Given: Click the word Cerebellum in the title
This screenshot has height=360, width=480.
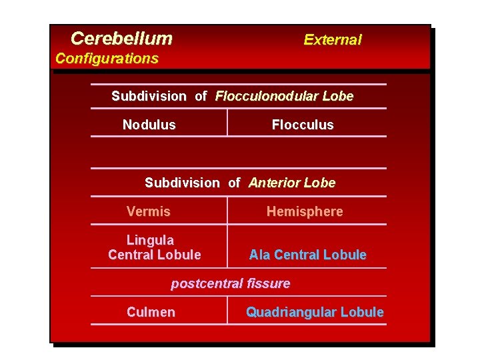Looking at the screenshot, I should (x=121, y=39).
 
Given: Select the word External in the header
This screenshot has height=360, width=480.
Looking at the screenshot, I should (x=332, y=40).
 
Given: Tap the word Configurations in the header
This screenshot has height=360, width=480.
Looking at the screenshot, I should (x=107, y=59).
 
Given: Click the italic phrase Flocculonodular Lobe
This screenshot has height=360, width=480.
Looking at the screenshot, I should (x=284, y=96).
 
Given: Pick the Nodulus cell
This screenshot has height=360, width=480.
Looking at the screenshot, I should (x=149, y=125).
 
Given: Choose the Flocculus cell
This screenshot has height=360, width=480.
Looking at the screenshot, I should (x=303, y=125).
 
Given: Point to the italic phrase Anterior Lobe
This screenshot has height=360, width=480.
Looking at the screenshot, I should (x=292, y=183).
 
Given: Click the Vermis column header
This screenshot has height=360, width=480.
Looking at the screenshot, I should (x=149, y=211).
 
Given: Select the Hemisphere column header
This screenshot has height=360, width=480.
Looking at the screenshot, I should (x=305, y=211).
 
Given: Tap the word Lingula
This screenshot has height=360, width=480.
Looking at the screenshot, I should (x=150, y=240).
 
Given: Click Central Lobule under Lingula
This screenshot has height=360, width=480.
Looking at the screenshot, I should (x=154, y=255).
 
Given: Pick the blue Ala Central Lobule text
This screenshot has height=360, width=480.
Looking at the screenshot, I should (x=307, y=255).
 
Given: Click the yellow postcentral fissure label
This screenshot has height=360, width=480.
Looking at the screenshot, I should (x=231, y=283).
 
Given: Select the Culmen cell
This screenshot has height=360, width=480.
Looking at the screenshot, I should (x=151, y=312).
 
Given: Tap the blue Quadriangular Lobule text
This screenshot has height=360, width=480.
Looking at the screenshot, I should (x=315, y=312).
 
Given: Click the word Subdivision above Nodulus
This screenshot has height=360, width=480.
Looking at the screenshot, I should (x=149, y=96).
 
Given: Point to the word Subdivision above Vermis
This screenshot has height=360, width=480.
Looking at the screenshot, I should (x=182, y=183).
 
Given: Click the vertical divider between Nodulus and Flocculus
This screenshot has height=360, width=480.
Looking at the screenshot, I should (x=227, y=123).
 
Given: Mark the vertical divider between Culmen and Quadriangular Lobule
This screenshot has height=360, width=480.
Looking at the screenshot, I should (x=227, y=311).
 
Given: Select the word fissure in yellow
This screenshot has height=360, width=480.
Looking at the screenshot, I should (x=269, y=283).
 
